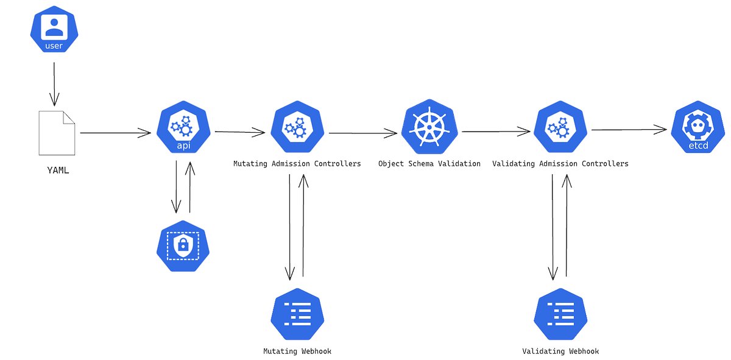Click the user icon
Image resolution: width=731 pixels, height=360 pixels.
(x=55, y=31)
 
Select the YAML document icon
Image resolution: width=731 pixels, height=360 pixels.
(x=57, y=133)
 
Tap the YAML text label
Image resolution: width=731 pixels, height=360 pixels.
(x=58, y=171)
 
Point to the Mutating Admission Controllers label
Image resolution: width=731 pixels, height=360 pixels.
(x=297, y=164)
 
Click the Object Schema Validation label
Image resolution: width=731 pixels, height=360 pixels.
(x=429, y=164)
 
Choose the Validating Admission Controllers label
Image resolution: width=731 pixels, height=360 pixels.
(x=560, y=164)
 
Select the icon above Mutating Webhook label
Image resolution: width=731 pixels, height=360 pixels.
(x=297, y=314)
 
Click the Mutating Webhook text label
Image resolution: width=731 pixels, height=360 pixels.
(x=297, y=351)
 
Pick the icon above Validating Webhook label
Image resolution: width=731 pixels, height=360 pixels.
(x=560, y=314)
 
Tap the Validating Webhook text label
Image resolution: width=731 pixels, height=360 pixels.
(x=560, y=351)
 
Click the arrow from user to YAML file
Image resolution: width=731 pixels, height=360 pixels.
(x=55, y=82)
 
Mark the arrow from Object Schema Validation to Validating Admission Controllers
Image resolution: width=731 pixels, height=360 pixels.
(x=496, y=130)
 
